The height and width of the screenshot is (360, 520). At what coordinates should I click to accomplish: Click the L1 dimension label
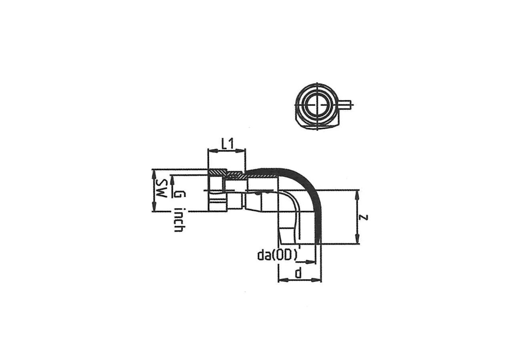(227, 144)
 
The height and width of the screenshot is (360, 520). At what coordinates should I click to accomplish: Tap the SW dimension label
(161, 188)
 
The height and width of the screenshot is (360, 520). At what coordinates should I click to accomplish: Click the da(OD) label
(278, 255)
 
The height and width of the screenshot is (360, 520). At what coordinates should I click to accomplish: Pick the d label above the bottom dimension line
(298, 273)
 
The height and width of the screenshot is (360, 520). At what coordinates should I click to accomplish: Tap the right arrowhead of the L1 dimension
(240, 151)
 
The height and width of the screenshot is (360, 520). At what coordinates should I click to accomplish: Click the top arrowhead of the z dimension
(358, 195)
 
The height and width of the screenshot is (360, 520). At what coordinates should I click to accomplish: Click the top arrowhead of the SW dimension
(154, 174)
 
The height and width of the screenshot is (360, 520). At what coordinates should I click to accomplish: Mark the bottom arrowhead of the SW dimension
(154, 206)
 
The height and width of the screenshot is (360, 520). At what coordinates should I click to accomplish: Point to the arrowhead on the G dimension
(172, 180)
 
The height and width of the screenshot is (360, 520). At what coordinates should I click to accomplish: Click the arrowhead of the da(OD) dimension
(311, 262)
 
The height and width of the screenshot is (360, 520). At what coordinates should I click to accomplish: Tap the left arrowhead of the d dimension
(283, 280)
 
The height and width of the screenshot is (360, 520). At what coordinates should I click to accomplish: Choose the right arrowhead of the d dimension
(316, 280)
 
